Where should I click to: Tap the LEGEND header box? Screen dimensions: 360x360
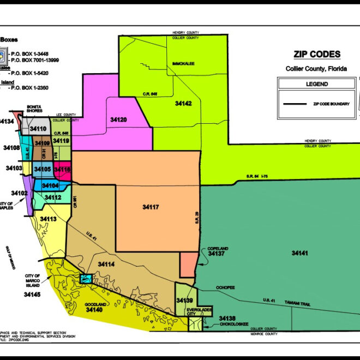[x=316, y=84]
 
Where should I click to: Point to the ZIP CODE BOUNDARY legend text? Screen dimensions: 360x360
[x=331, y=104]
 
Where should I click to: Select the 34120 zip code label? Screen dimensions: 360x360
[x=118, y=119]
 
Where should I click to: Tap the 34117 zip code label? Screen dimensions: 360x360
[x=151, y=207]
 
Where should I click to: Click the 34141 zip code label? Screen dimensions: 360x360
[x=299, y=253]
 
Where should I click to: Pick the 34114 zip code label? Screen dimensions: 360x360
[x=106, y=264]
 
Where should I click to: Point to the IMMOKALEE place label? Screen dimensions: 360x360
[x=184, y=63]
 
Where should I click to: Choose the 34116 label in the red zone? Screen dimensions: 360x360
[x=62, y=170]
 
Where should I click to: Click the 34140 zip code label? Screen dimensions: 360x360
[x=94, y=309]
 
